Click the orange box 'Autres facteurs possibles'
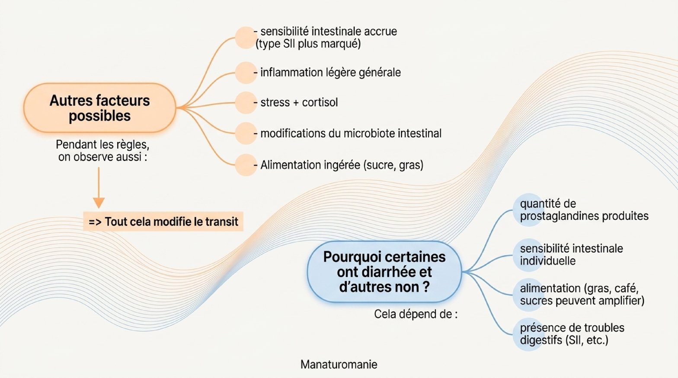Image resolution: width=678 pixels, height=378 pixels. [x=100, y=108]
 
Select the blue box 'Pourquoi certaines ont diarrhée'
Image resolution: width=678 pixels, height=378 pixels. [x=384, y=272]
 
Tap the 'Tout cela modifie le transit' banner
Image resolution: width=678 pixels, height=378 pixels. [x=163, y=222]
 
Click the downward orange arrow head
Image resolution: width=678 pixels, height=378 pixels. [x=99, y=203]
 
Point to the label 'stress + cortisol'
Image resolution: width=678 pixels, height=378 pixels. [x=299, y=102]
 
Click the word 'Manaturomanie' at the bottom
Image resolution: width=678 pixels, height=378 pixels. [x=339, y=365]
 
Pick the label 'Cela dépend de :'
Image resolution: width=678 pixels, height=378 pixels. [x=416, y=314]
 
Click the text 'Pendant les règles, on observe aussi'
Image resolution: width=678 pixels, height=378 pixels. [x=102, y=151]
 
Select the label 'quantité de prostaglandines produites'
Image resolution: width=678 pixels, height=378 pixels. [x=584, y=210]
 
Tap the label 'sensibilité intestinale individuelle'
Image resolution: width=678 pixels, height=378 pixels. [x=572, y=254]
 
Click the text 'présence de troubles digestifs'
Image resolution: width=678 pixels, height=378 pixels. [x=572, y=334]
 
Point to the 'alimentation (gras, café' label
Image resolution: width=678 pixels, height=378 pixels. [x=579, y=289]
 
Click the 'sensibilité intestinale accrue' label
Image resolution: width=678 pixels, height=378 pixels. [x=329, y=32]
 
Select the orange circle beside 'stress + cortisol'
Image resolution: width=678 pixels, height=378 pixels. [x=246, y=103]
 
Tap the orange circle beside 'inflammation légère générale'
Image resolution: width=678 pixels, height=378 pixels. [x=246, y=73]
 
